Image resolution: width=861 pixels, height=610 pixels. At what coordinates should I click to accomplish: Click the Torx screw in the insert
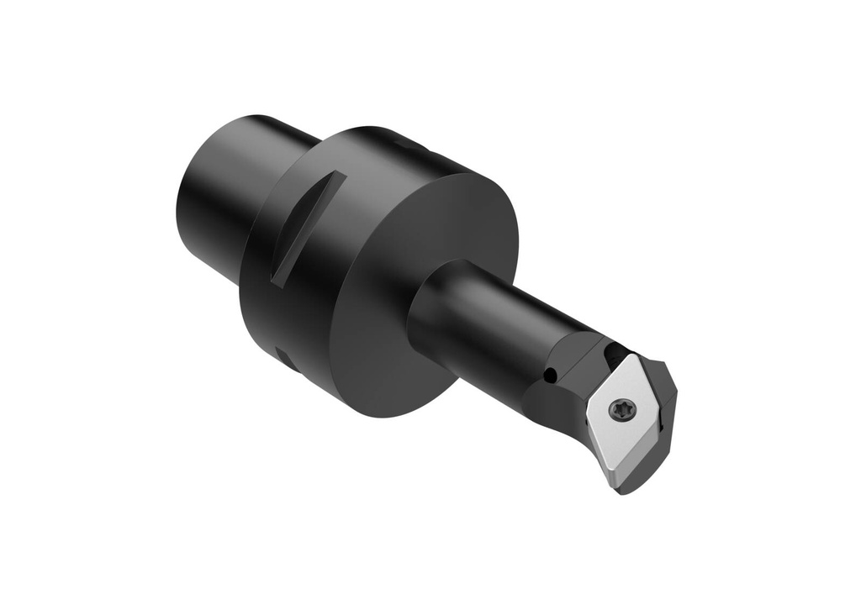[x=623, y=410]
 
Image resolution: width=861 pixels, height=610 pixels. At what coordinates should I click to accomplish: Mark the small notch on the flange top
[x=412, y=145]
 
